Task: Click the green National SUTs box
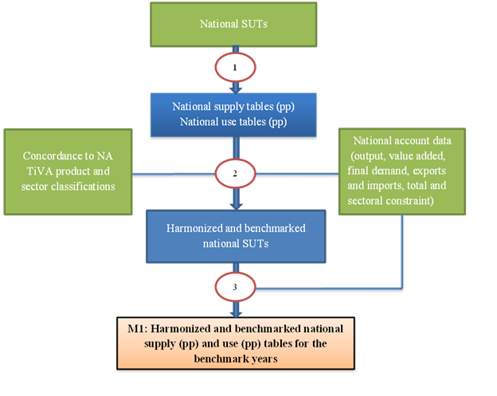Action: (233, 24)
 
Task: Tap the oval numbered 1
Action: (233, 68)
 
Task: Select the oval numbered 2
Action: (233, 171)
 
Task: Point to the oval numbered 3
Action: (233, 285)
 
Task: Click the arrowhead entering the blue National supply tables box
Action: (233, 90)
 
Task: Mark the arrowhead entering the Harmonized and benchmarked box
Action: (233, 206)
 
